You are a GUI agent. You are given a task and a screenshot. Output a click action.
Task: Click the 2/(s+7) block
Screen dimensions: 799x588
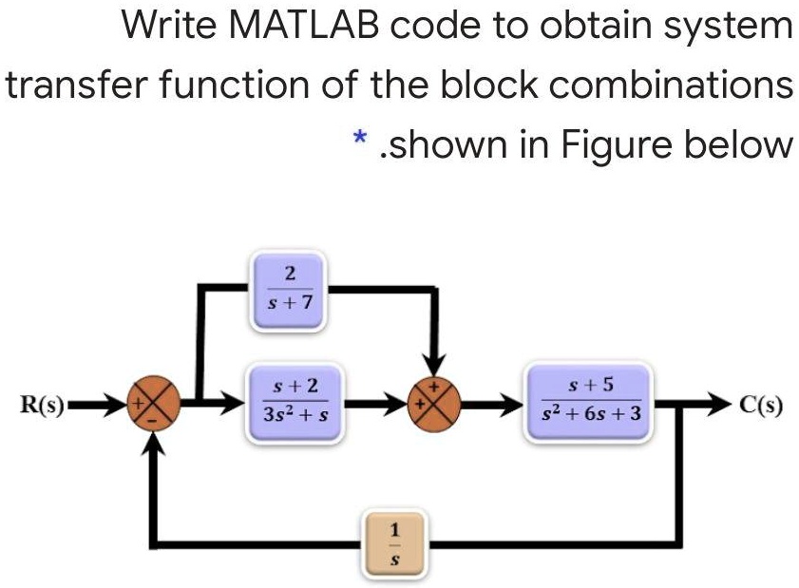289,291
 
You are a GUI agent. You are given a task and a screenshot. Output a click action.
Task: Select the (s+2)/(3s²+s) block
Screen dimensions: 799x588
295,403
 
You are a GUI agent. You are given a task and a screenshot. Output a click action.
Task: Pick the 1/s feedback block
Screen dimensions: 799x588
394,544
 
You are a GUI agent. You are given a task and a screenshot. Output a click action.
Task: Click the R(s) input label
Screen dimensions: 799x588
43,404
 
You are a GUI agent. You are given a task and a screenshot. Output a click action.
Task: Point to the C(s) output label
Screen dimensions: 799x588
761,404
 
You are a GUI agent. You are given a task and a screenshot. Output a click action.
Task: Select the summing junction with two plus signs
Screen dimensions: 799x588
433,404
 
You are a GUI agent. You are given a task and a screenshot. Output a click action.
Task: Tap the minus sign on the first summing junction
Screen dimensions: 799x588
152,421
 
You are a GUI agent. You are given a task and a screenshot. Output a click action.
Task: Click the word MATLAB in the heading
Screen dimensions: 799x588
304,25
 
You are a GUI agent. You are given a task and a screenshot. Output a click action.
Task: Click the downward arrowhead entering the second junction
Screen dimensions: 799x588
433,365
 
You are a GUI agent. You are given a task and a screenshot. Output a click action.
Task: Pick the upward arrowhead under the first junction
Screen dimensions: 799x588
153,444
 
